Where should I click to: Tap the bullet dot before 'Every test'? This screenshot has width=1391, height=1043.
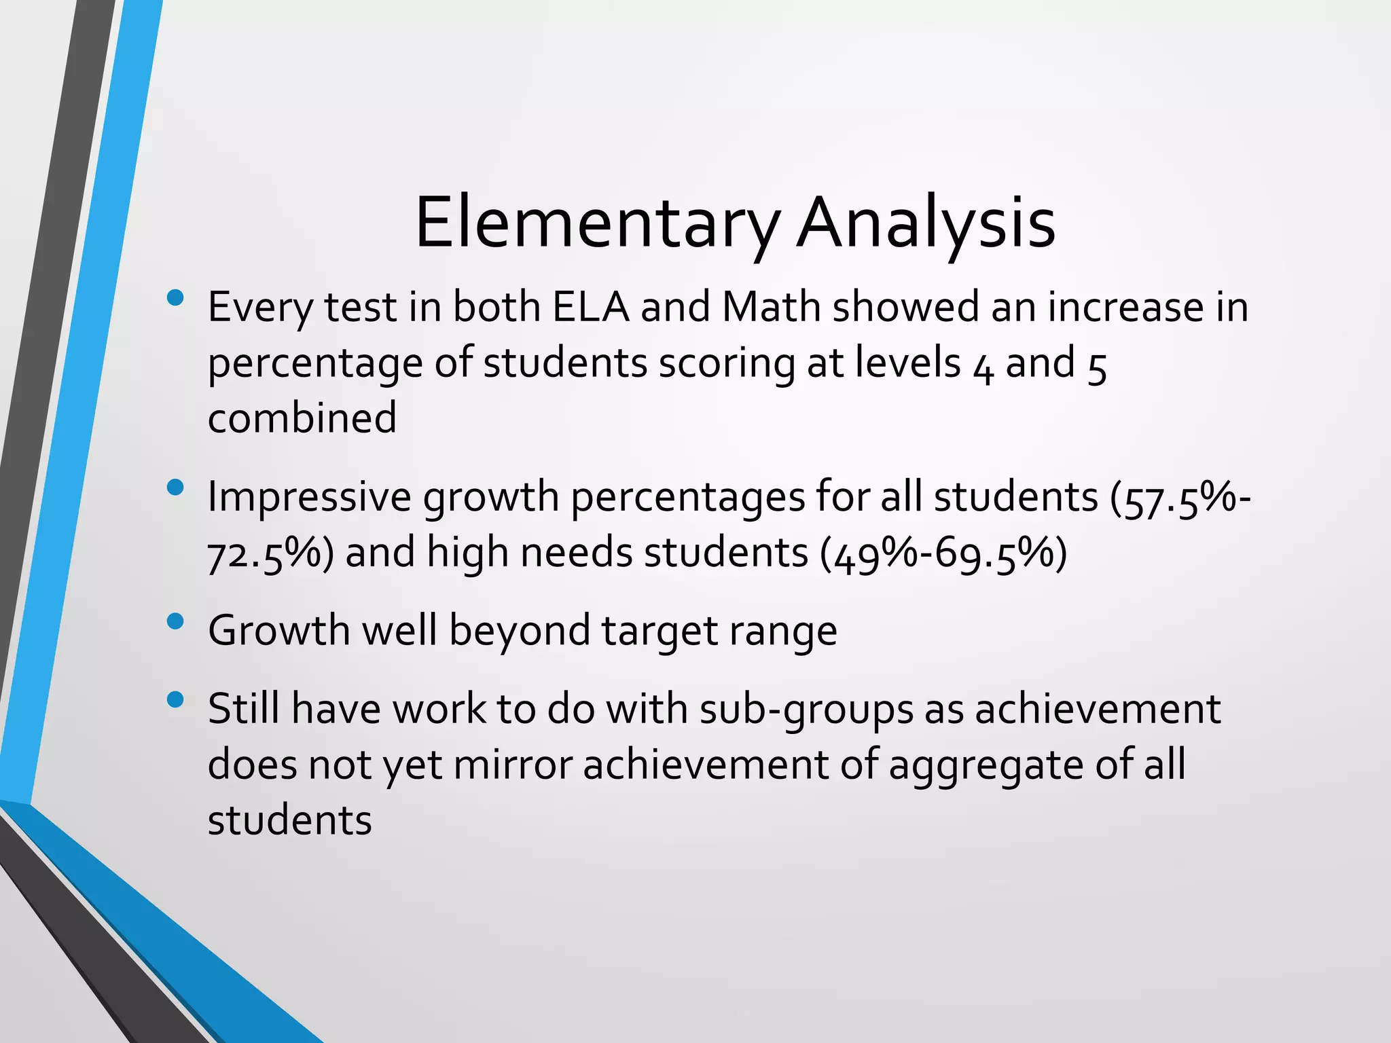(x=175, y=297)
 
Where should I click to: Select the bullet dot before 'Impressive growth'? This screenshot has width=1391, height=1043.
(x=175, y=487)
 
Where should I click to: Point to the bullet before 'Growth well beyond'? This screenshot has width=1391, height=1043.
(x=175, y=621)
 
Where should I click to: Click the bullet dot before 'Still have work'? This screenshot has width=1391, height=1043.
(x=175, y=699)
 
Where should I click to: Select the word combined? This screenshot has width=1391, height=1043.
(x=302, y=418)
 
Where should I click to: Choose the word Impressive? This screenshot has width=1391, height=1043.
(x=309, y=498)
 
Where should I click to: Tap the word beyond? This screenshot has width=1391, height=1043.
(x=519, y=632)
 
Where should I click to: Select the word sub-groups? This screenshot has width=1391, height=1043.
(x=806, y=710)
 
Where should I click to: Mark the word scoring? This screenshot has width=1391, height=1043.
(x=727, y=364)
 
